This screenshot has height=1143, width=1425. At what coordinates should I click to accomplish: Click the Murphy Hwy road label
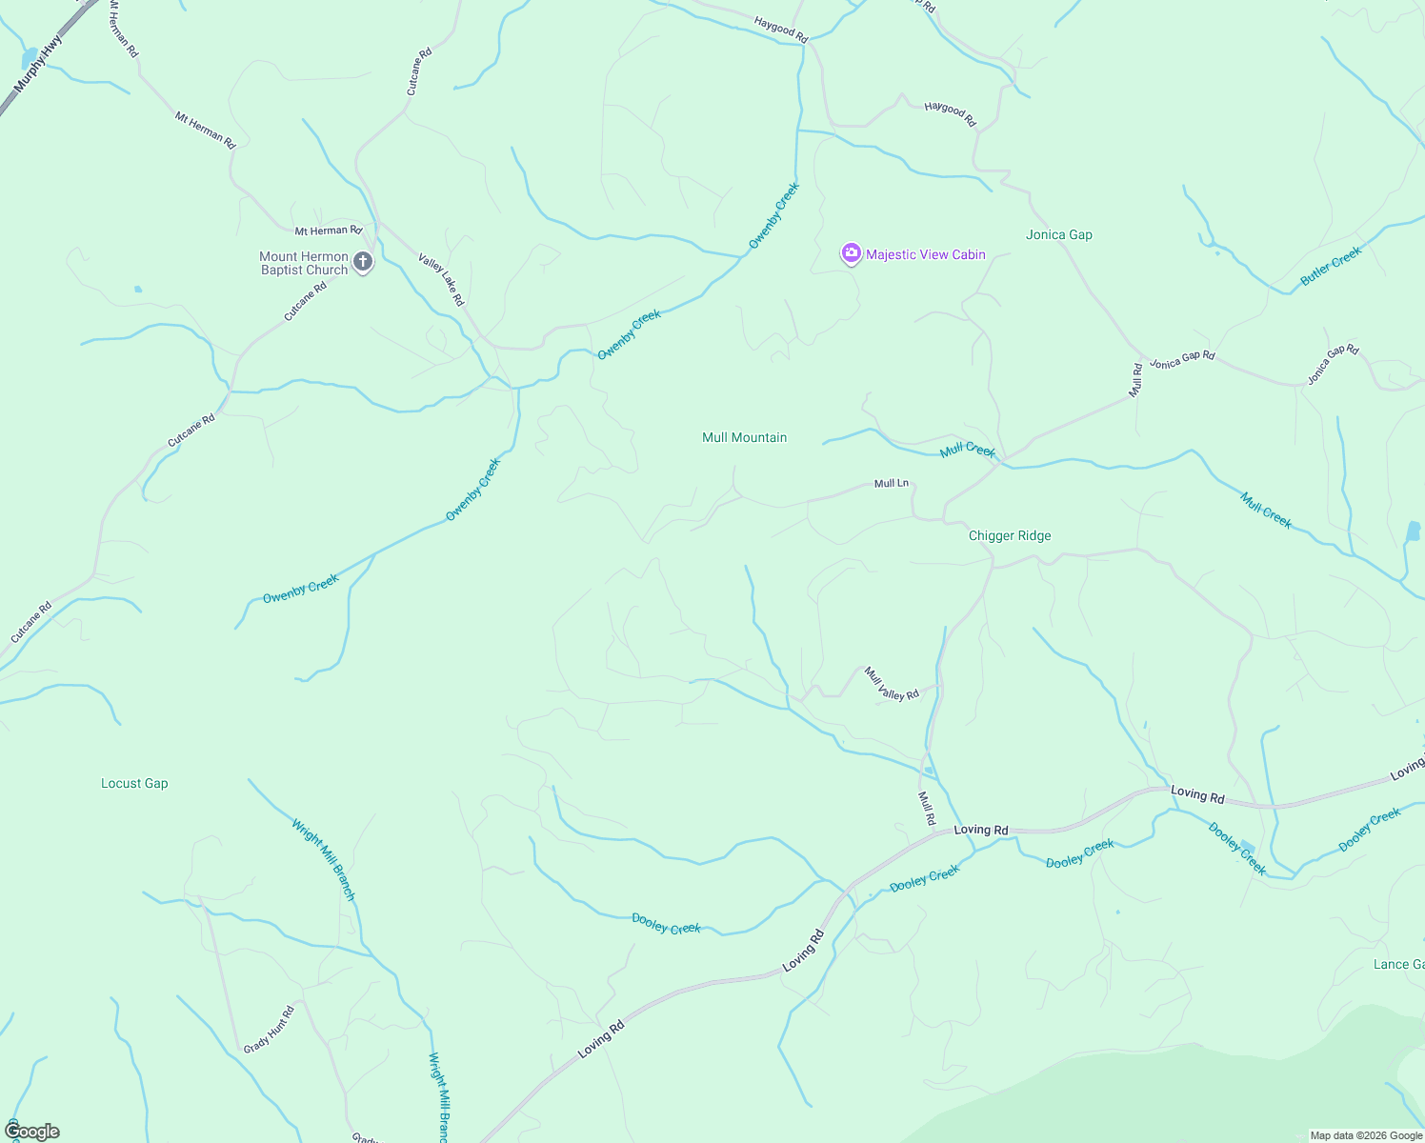coord(38,64)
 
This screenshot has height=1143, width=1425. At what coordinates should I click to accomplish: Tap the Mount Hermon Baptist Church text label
coord(304,263)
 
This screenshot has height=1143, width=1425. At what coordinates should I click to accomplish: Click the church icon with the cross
coord(362,261)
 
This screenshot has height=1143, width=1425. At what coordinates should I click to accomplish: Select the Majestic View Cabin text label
coord(925,254)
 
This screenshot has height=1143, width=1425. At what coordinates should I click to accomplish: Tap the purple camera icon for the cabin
coord(851,253)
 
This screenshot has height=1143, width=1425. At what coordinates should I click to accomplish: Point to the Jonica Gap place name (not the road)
coord(1058,234)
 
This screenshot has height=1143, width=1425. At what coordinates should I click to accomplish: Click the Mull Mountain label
coord(744,437)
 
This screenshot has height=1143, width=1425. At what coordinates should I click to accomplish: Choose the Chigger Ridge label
coord(1009,535)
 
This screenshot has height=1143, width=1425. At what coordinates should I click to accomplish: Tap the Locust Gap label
coord(134,783)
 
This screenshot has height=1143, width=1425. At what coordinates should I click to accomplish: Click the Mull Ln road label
coord(892,484)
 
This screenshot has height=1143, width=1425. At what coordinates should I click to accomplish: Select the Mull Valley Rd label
coord(892,683)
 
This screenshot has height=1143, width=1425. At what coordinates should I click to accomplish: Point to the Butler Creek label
coord(1331,266)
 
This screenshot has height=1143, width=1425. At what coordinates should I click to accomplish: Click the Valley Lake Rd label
coord(441,279)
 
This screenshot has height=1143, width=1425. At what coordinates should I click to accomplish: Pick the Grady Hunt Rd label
coord(269,1029)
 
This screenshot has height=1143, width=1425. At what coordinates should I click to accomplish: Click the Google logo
coord(32,1132)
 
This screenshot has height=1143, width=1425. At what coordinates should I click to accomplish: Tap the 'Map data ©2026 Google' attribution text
coord(1366,1135)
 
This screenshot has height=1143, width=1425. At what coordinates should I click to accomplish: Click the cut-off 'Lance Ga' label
coord(1398,964)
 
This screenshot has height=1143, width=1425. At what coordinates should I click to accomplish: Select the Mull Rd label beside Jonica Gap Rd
coord(1135,379)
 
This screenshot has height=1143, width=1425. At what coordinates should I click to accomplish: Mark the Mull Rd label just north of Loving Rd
coord(926,808)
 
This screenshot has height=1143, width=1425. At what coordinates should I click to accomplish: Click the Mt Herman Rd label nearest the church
coord(328,231)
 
